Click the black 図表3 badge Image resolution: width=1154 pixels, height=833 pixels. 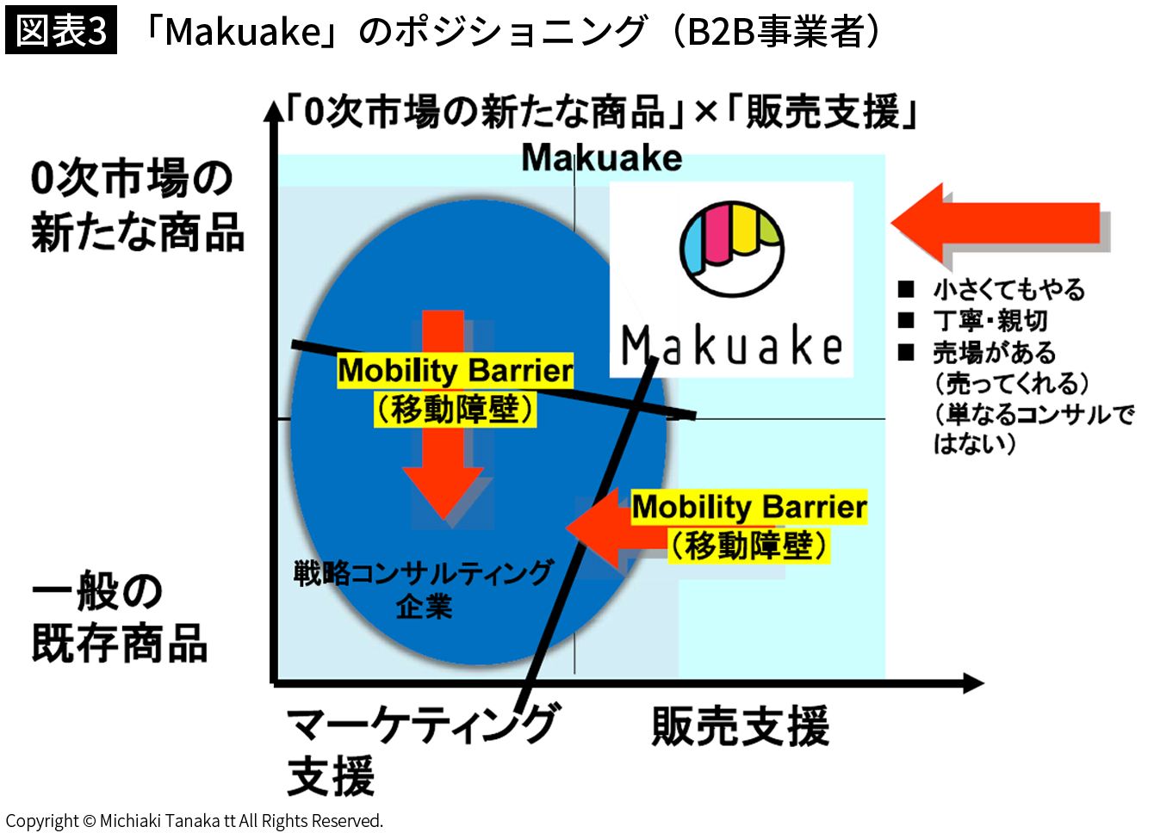point(61,30)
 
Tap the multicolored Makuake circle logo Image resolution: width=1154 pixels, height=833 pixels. point(731,250)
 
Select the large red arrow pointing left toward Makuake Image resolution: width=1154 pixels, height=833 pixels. point(1001,224)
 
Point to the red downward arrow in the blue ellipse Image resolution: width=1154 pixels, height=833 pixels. point(443,415)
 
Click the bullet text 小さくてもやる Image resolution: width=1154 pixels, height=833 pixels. point(1009,289)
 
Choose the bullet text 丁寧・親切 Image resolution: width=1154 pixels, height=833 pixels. point(990,321)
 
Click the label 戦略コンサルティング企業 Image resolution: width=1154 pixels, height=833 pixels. point(424,589)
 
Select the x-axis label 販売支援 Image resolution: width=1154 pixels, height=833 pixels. point(741,726)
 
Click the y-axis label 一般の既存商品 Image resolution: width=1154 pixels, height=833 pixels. point(120,617)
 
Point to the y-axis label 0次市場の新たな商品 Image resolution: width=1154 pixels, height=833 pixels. point(137,206)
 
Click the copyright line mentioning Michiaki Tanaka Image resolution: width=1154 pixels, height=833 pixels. point(195,821)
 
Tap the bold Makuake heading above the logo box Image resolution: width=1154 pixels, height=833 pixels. point(602,158)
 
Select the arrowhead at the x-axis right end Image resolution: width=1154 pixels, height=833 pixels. point(972,683)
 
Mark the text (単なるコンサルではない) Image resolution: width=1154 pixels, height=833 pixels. point(1033,429)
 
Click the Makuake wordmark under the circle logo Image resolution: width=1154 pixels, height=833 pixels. point(731,344)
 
